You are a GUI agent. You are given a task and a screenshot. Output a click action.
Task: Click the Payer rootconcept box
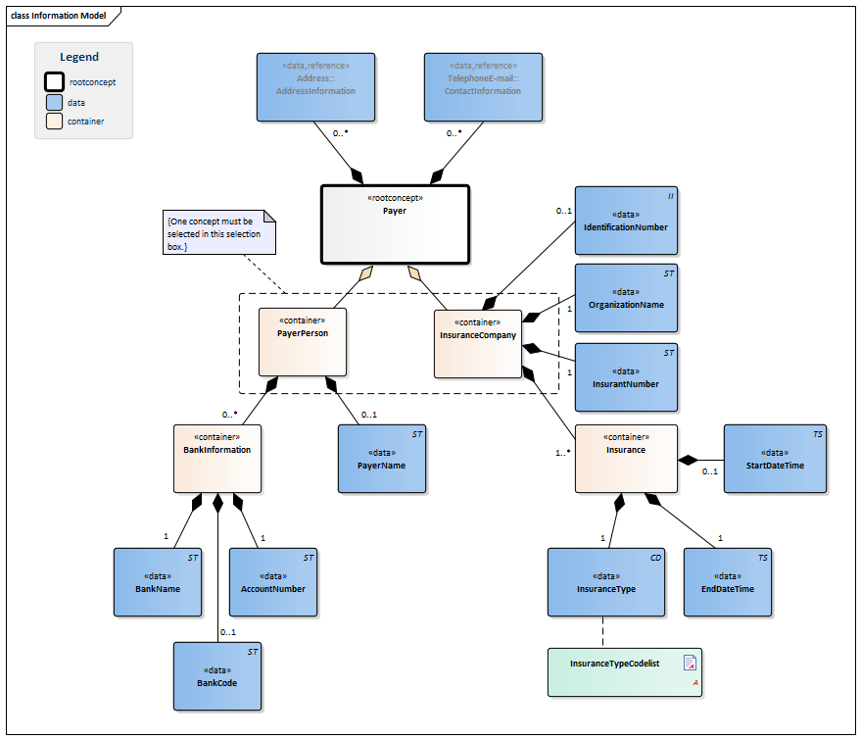pos(395,224)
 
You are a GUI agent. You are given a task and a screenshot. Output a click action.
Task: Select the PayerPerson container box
pos(302,342)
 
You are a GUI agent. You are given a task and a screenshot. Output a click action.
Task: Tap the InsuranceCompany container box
pos(477,344)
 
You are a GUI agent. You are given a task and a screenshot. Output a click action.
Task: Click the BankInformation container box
pos(217,458)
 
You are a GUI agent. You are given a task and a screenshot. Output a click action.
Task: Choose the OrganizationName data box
pos(625,298)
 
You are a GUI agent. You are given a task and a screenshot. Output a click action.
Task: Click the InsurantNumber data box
pos(625,377)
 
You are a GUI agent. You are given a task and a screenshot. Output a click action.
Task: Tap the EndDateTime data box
pos(727,582)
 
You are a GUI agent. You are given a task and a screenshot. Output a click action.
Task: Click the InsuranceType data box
pos(606,582)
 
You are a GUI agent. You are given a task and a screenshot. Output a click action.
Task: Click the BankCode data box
pos(217,676)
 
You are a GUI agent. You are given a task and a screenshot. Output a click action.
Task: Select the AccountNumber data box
pos(272,582)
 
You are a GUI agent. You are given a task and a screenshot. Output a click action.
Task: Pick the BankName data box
pos(158,582)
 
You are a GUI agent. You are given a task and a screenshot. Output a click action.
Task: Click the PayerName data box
pos(381,459)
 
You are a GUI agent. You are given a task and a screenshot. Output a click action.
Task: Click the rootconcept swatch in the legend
pos(55,82)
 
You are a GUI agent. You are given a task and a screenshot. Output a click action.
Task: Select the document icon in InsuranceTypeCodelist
pos(690,663)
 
